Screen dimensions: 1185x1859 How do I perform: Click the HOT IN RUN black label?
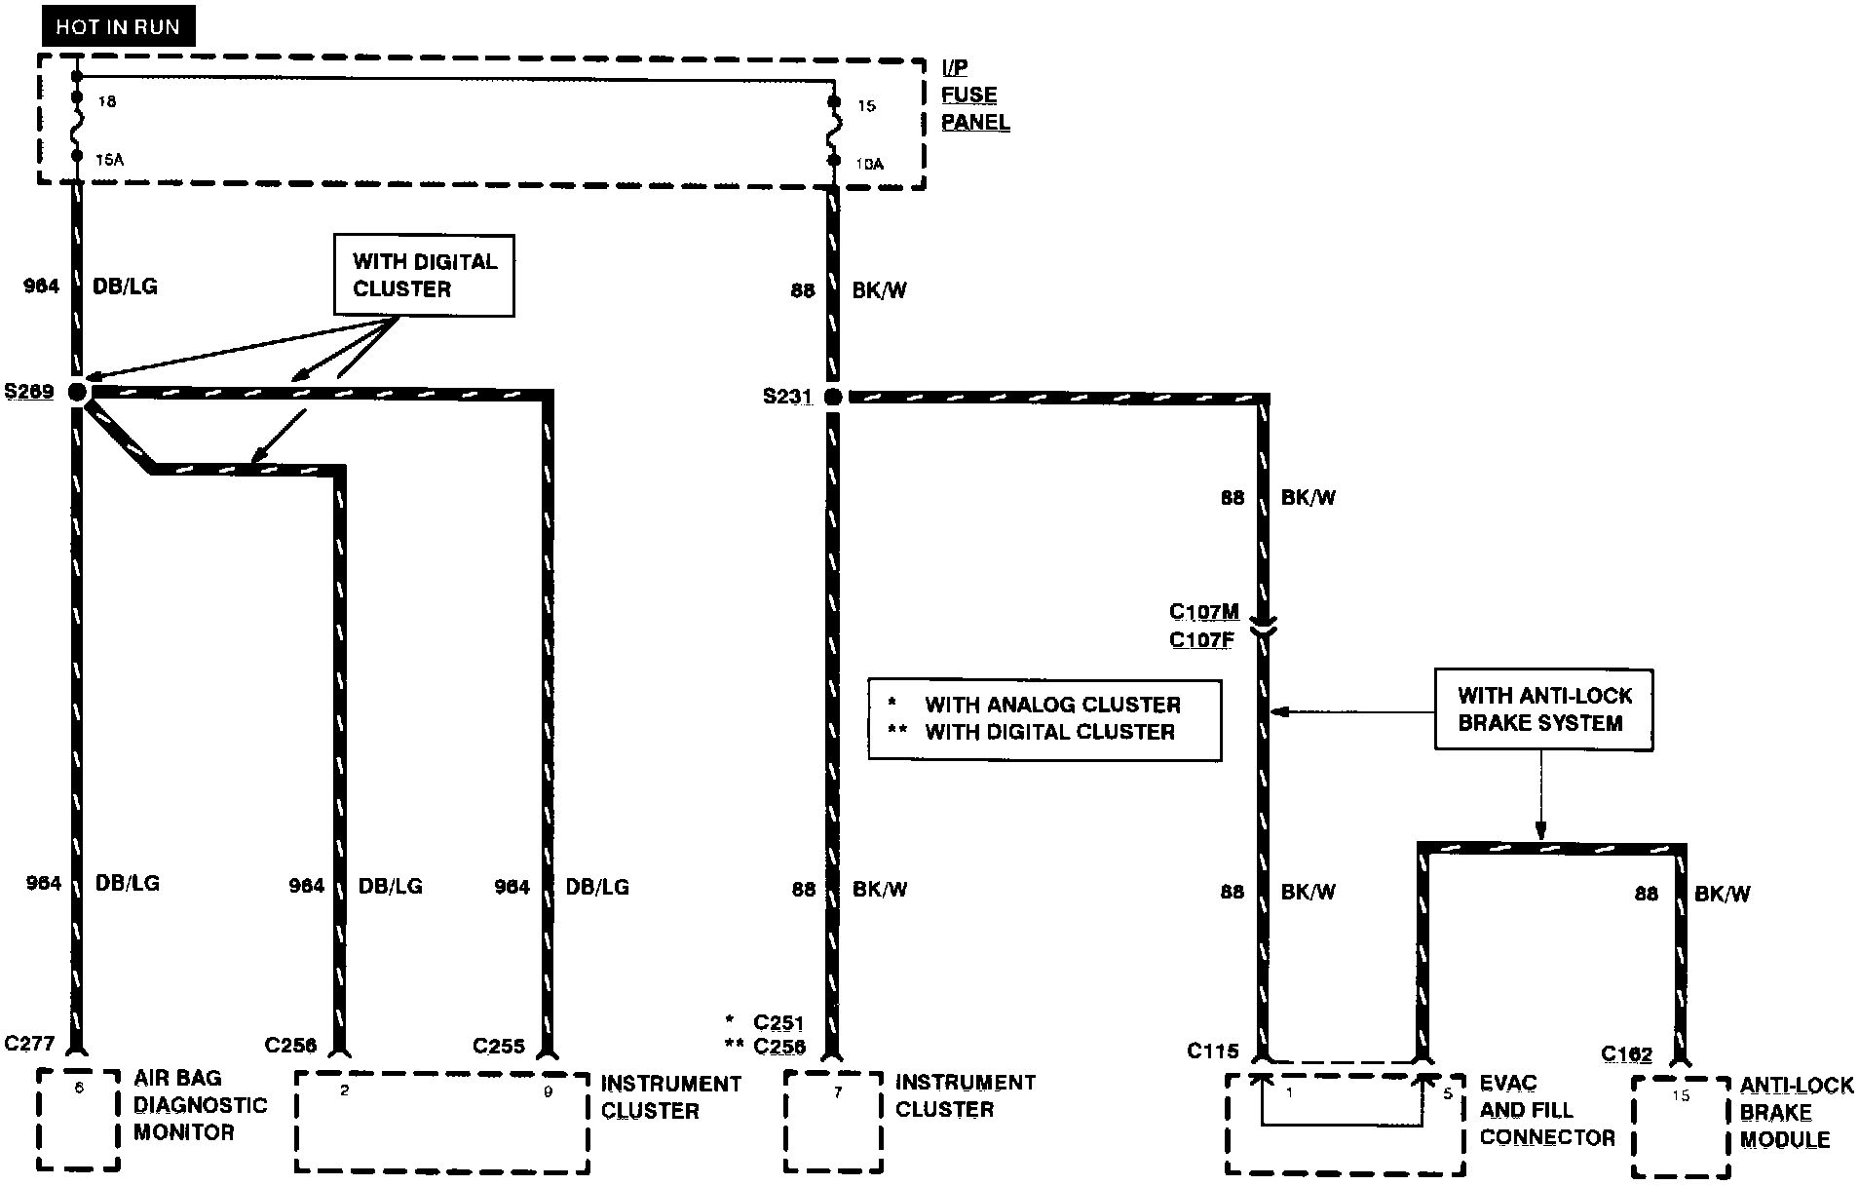pyautogui.click(x=117, y=26)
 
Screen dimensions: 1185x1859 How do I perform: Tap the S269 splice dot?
pyautogui.click(x=77, y=392)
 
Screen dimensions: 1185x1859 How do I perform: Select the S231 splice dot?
pyautogui.click(x=833, y=397)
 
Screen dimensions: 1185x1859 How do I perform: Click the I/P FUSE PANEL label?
pyautogui.click(x=974, y=96)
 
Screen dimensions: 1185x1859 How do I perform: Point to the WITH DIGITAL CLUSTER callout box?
pyautogui.click(x=424, y=275)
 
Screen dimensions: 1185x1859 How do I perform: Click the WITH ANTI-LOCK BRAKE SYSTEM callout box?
pyautogui.click(x=1543, y=709)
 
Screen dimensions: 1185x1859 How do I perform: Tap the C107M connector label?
pyautogui.click(x=1204, y=612)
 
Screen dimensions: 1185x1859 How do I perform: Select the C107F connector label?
pyautogui.click(x=1201, y=640)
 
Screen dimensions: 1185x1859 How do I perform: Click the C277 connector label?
pyautogui.click(x=29, y=1044)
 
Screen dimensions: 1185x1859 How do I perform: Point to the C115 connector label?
pyautogui.click(x=1212, y=1051)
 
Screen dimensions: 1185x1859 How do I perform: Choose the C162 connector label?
pyautogui.click(x=1626, y=1054)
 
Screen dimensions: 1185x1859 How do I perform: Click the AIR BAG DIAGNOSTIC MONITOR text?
pyautogui.click(x=200, y=1105)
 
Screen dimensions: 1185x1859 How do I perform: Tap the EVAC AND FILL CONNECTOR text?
pyautogui.click(x=1546, y=1110)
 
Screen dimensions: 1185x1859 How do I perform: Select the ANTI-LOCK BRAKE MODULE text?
pyautogui.click(x=1796, y=1112)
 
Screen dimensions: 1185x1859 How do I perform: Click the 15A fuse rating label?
pyautogui.click(x=109, y=160)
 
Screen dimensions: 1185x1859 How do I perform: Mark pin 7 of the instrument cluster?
pyautogui.click(x=838, y=1092)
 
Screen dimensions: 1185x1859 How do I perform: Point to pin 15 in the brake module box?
pyautogui.click(x=1681, y=1096)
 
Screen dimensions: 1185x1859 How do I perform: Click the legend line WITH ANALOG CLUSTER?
pyautogui.click(x=1052, y=705)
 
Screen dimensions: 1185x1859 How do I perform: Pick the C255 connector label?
pyautogui.click(x=499, y=1046)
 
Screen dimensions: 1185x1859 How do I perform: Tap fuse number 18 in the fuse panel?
pyautogui.click(x=107, y=101)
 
